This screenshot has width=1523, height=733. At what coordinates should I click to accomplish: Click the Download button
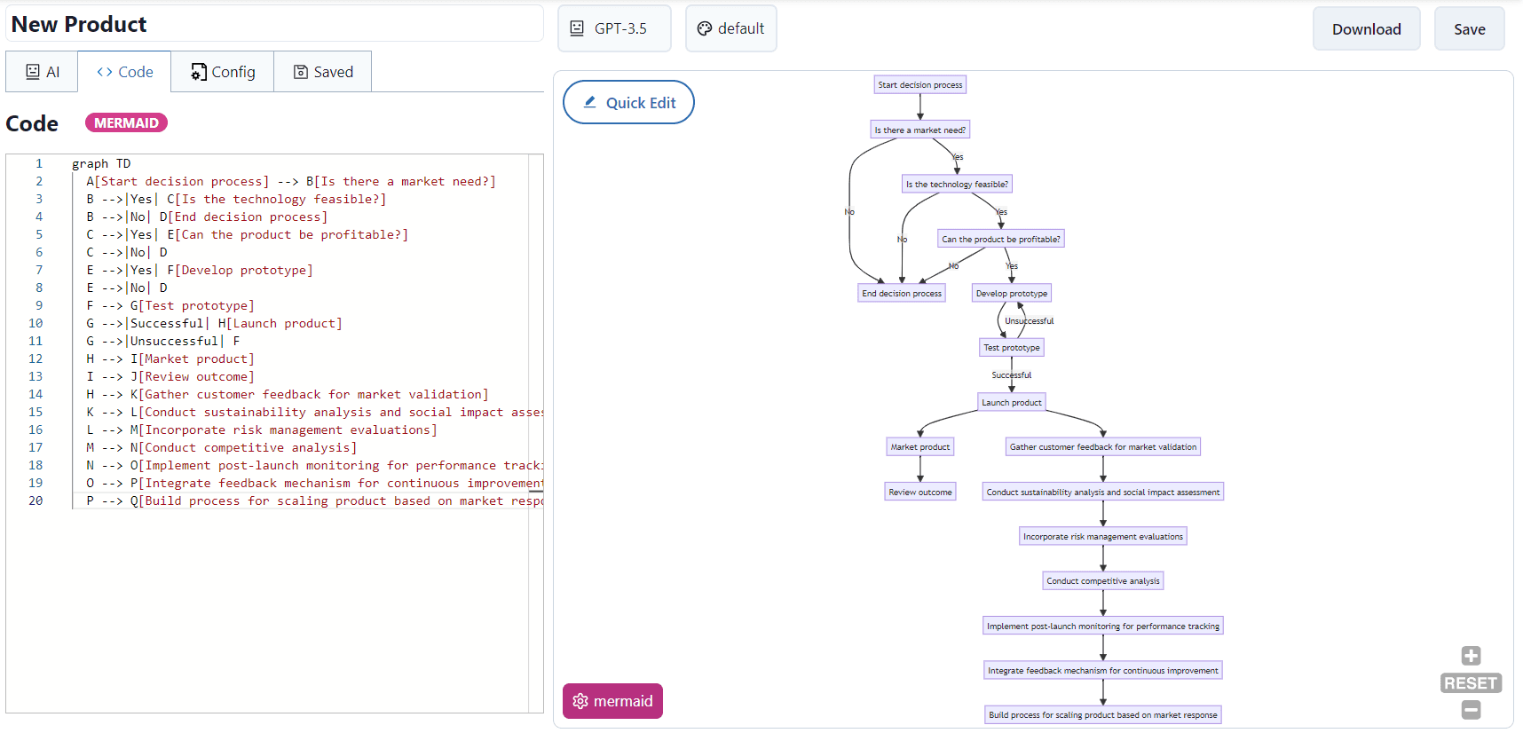click(x=1366, y=29)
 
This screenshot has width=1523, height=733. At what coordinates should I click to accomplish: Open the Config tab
click(x=223, y=72)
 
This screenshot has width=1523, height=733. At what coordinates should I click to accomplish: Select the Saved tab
click(x=323, y=72)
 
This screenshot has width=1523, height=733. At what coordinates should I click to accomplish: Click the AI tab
click(x=42, y=72)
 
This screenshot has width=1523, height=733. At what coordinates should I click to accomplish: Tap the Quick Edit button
click(x=628, y=103)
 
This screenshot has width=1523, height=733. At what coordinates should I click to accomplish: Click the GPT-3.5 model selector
click(x=614, y=28)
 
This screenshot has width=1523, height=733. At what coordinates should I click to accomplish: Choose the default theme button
click(x=730, y=28)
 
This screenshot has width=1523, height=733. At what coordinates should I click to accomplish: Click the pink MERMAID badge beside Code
click(x=126, y=123)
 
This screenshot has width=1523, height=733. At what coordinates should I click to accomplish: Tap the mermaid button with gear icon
click(x=612, y=701)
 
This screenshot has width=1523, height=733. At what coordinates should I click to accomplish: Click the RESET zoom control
click(x=1471, y=683)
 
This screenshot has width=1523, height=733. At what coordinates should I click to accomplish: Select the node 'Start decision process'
click(x=919, y=85)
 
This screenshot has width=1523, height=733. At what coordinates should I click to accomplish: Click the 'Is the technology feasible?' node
click(x=957, y=185)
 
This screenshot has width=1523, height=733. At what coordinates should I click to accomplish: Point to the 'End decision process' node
click(x=901, y=294)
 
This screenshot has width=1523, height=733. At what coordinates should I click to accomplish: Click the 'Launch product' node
click(x=1011, y=403)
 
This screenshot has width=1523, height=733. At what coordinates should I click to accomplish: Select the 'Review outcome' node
click(x=919, y=493)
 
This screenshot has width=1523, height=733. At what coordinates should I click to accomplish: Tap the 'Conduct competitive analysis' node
click(x=1102, y=581)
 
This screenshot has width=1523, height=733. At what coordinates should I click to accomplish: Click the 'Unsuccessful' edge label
click(x=1029, y=321)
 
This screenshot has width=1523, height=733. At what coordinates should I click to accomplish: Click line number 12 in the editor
click(x=36, y=359)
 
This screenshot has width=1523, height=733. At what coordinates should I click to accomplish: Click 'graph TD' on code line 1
click(x=101, y=164)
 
